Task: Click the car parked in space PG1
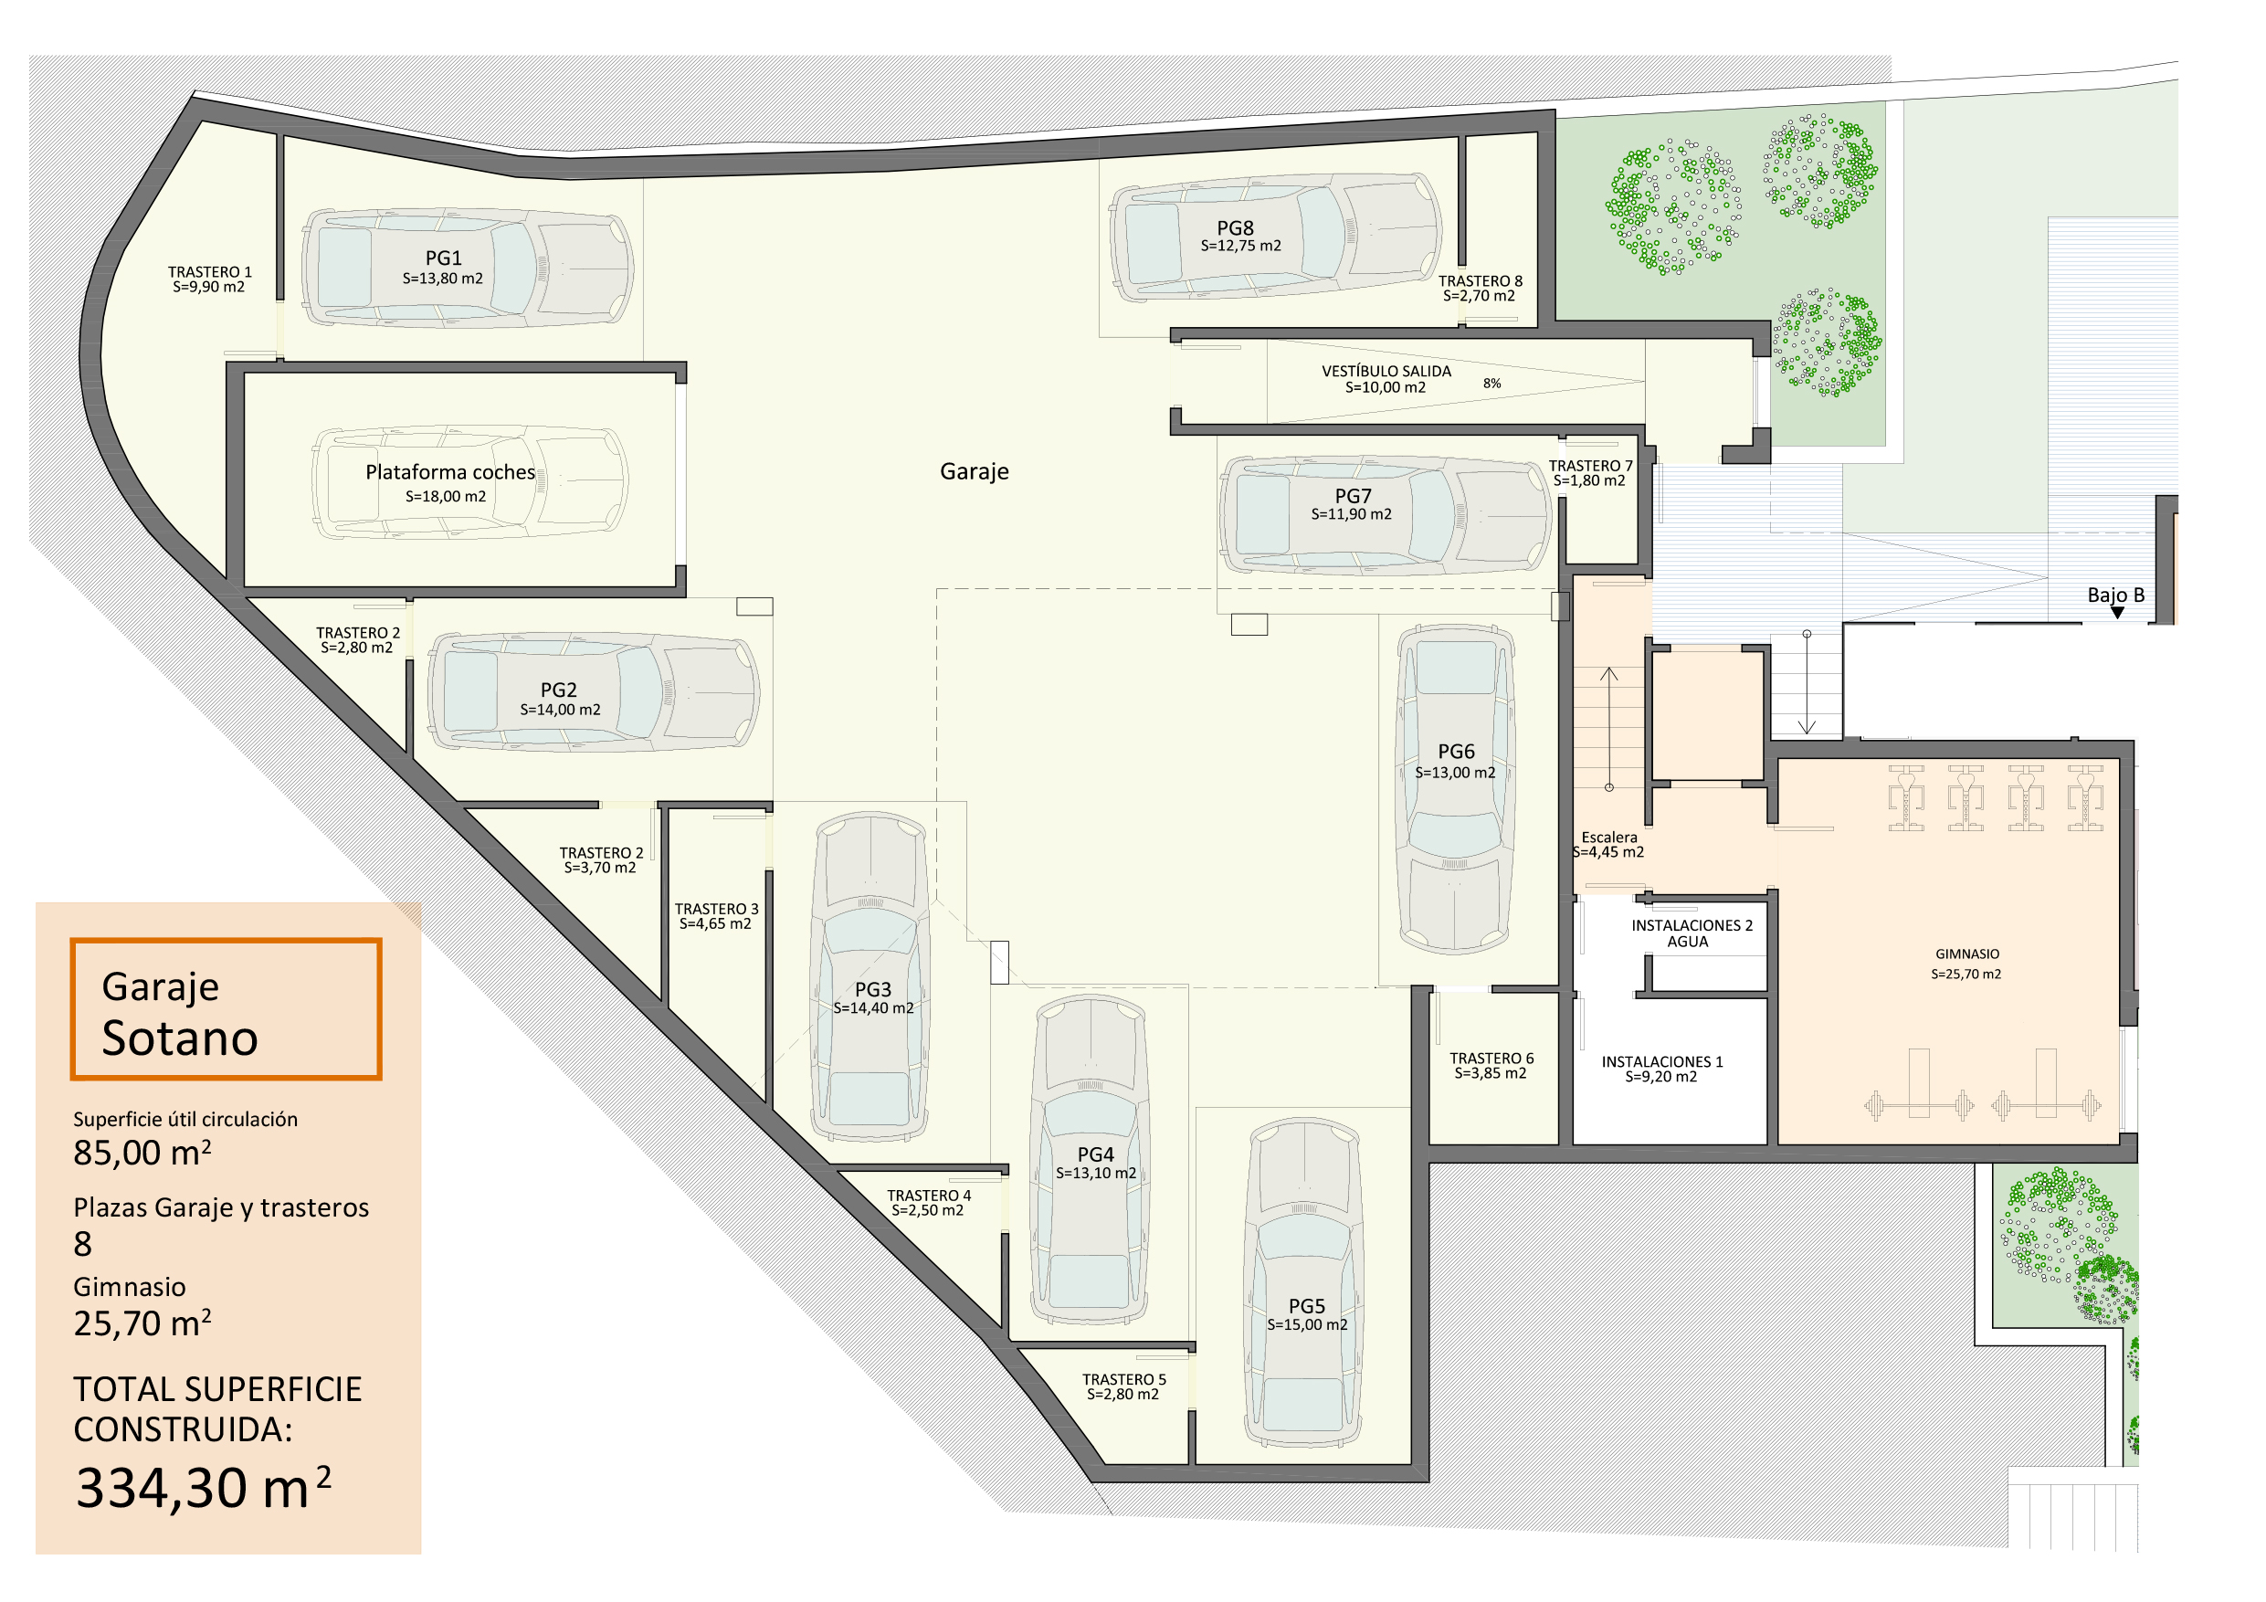[467, 268]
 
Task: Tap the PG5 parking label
[1307, 1306]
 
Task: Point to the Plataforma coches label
[450, 472]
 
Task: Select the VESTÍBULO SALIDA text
[1386, 371]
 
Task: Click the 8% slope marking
[1491, 383]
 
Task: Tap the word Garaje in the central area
[975, 472]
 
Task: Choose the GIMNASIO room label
[1967, 954]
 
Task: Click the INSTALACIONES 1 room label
[1661, 1061]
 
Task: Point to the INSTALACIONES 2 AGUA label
[1692, 933]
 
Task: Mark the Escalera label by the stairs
[1608, 837]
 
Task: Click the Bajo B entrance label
[2116, 595]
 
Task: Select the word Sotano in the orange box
[180, 1038]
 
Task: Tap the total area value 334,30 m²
[204, 1488]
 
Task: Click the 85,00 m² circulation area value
[142, 1152]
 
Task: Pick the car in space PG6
[1455, 788]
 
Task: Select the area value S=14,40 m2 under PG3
[873, 1007]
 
